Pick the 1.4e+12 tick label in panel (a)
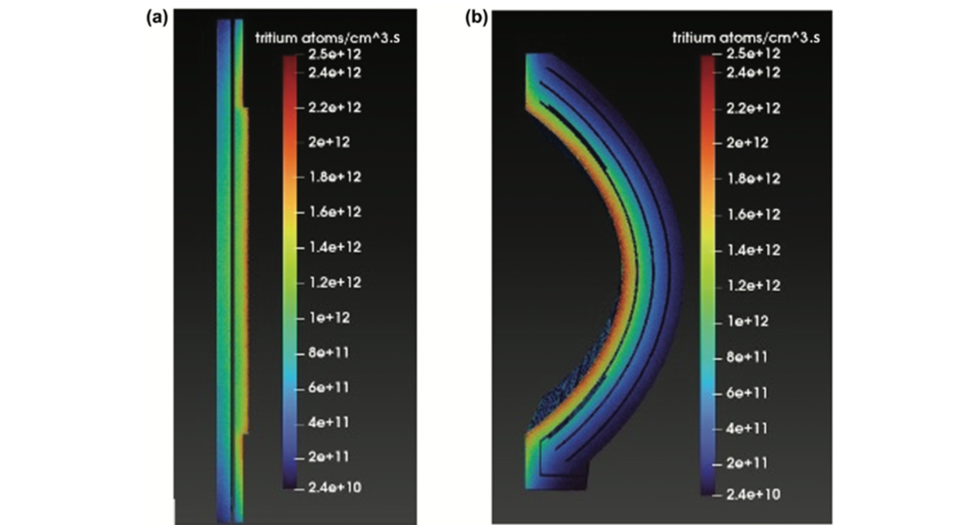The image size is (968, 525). click(328, 247)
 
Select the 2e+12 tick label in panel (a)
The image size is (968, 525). click(324, 142)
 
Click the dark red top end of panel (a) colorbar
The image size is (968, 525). click(288, 62)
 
